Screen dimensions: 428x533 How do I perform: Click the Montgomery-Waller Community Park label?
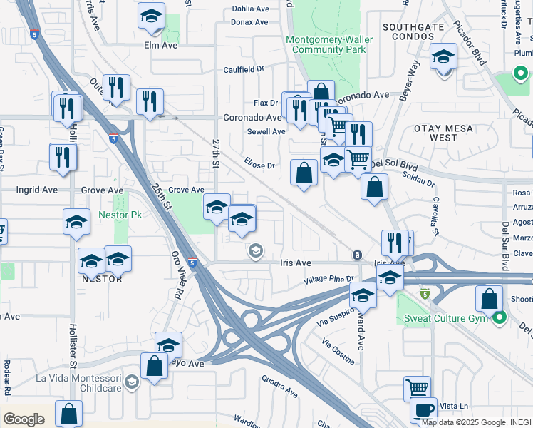[326, 44]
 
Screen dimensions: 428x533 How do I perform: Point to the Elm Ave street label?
[160, 45]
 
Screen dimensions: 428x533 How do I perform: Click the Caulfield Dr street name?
[244, 69]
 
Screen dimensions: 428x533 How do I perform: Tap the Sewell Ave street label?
[266, 131]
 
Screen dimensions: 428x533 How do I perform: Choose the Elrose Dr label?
[259, 165]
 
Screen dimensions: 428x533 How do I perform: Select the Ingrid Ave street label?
[37, 190]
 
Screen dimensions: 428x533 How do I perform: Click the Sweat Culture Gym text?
[445, 317]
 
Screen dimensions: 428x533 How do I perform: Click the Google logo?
[24, 419]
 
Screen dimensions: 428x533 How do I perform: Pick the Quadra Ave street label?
[279, 386]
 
